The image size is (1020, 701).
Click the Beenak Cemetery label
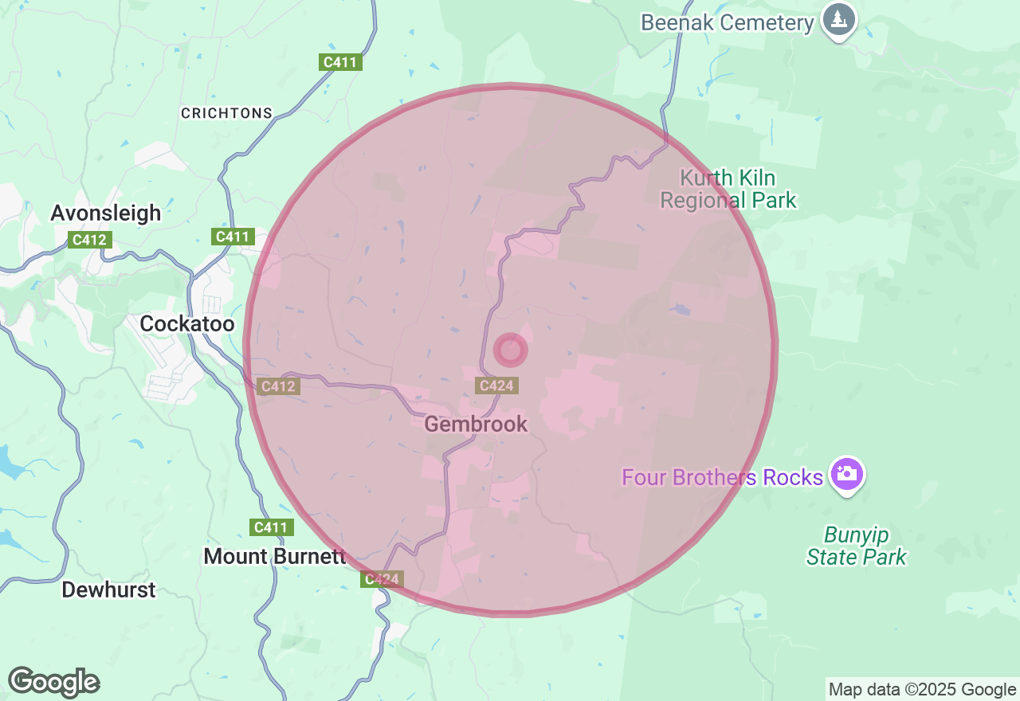coord(727,22)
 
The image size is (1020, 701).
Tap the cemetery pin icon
coord(838,19)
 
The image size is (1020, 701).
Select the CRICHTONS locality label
coord(226,113)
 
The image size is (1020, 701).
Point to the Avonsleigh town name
coord(105,213)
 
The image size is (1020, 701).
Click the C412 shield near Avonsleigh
coord(90,239)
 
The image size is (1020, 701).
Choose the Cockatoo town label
coord(187,323)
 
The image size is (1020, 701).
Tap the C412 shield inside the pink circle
coord(278,386)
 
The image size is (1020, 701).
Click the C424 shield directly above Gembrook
coord(496,386)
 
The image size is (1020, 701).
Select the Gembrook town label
coord(476,424)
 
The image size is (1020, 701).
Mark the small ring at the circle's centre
coord(510,350)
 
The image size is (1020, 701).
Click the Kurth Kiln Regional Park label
coord(728,189)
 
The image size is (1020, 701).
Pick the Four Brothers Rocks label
coord(722,477)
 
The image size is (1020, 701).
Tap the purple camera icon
coord(846,474)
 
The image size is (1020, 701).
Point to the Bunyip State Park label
coord(856,546)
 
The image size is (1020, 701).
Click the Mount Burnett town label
coord(275,556)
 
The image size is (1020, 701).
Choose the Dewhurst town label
coord(108,590)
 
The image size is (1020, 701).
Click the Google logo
coord(53,683)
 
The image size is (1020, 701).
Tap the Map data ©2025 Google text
coord(922,690)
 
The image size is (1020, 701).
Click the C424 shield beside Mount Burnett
coord(382,579)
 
